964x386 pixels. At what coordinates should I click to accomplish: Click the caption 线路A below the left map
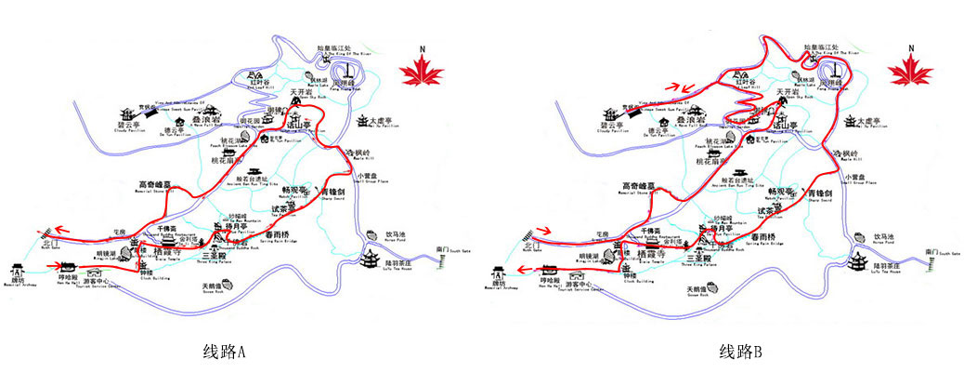tap(225, 353)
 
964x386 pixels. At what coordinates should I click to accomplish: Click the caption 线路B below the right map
tap(740, 353)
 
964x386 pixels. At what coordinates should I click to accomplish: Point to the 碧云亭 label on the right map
tap(614, 124)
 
